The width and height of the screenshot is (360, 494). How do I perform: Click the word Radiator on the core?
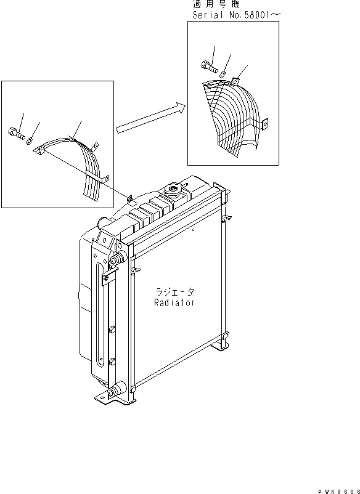tap(174, 302)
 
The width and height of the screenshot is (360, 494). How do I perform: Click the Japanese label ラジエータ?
tap(174, 292)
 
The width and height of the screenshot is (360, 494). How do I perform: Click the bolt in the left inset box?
tap(15, 132)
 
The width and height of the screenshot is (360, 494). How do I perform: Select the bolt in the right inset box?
tap(207, 68)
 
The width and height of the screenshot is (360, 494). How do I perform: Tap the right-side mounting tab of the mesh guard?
tap(265, 125)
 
